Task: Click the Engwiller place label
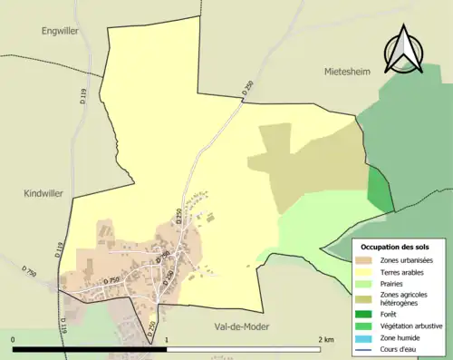tap(62, 31)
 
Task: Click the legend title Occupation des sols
tap(395, 247)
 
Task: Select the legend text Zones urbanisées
tap(407, 260)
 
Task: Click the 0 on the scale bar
tap(14, 340)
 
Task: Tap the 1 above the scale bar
tap(166, 340)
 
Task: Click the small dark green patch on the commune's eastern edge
tap(376, 186)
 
